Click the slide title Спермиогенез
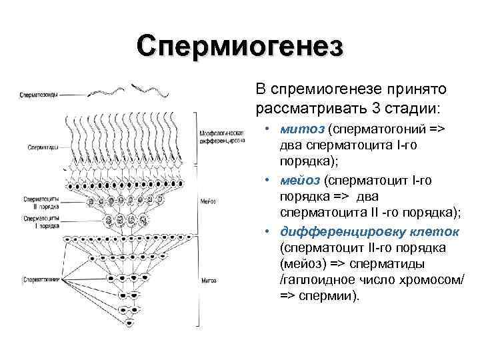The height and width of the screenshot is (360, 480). (x=240, y=46)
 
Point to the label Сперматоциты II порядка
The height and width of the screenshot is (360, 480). (x=41, y=203)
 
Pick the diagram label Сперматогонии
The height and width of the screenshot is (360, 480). (x=41, y=279)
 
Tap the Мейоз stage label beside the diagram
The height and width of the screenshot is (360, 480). (x=207, y=201)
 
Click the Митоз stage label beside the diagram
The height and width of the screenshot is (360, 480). (x=208, y=281)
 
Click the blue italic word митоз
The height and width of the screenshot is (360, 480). (x=297, y=127)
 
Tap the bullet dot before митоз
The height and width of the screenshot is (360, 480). (x=265, y=127)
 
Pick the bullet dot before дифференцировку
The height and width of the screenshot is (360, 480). (x=265, y=232)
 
